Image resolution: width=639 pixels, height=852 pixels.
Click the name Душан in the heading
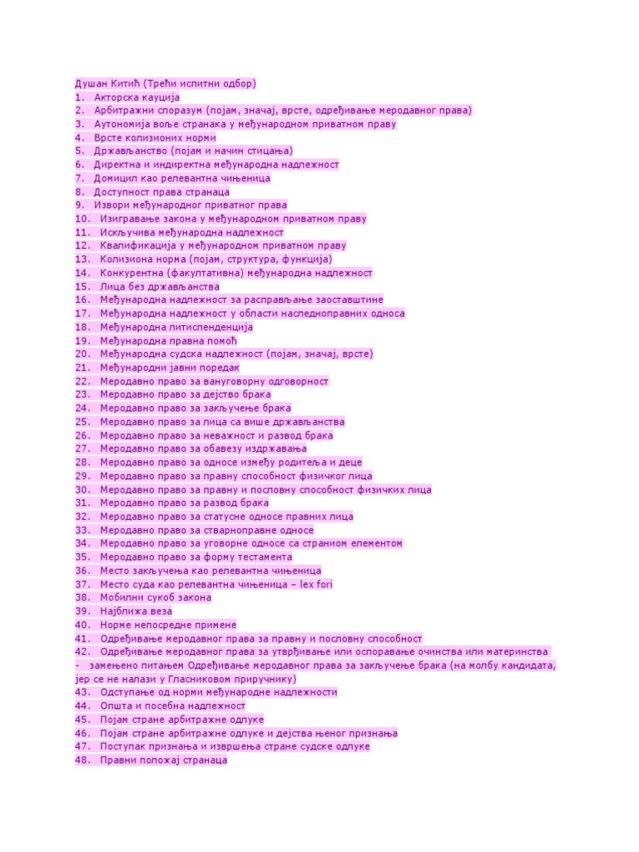(x=91, y=83)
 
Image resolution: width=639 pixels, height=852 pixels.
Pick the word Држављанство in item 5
(x=132, y=151)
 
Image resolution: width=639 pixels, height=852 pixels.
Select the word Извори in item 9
(x=111, y=206)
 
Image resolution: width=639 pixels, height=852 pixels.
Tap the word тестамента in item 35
(x=260, y=557)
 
